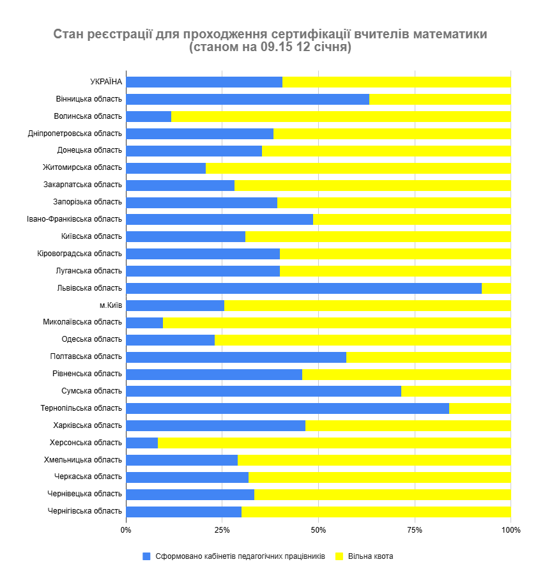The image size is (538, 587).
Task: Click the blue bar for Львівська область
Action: click(x=304, y=288)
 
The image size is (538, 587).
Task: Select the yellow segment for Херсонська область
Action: click(x=334, y=443)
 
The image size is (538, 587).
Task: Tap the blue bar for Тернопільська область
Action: click(x=288, y=408)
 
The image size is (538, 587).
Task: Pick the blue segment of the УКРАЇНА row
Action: click(x=204, y=82)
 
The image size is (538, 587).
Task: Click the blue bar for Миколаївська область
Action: click(x=144, y=323)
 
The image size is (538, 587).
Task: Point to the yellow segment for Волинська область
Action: click(x=341, y=116)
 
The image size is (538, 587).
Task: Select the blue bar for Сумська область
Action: click(x=263, y=391)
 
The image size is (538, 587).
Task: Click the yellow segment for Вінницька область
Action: click(x=440, y=99)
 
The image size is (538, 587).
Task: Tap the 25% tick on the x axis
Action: click(x=222, y=530)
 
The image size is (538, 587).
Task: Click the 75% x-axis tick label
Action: click(x=415, y=530)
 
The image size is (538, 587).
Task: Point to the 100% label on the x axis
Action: click(x=511, y=530)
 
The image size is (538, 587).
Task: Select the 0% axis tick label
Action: click(x=126, y=530)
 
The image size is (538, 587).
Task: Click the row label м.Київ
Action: click(x=111, y=305)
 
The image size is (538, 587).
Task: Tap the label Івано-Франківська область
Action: click(x=74, y=219)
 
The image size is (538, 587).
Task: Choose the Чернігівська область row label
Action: click(x=84, y=511)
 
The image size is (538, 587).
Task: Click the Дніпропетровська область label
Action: click(x=75, y=133)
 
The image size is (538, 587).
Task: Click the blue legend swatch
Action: click(x=146, y=556)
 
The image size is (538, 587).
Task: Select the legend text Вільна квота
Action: click(x=370, y=556)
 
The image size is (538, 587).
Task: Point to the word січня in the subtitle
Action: click(x=335, y=48)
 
